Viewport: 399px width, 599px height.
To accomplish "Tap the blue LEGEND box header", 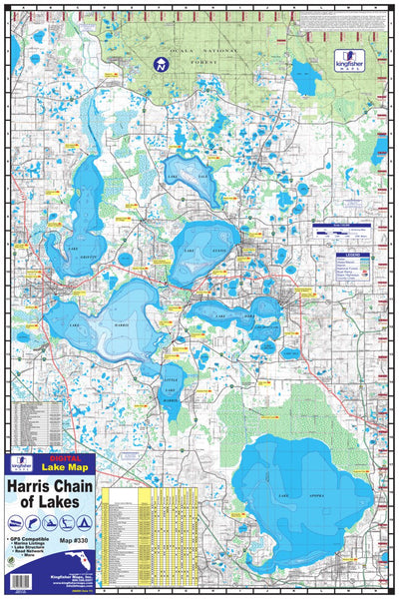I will coord(338,255).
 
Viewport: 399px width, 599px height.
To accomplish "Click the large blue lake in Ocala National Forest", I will coord(302,73).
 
